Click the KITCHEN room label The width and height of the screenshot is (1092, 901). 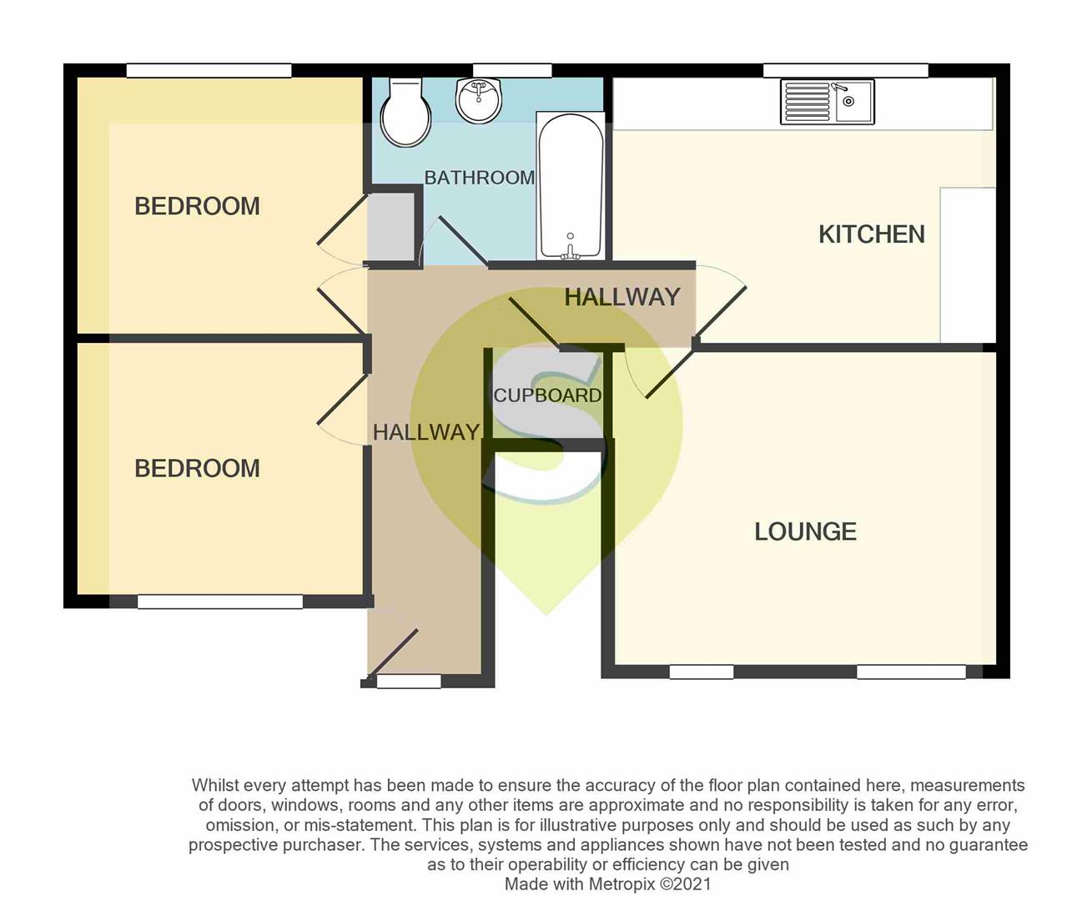coord(872,234)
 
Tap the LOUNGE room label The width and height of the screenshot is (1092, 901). coord(805,531)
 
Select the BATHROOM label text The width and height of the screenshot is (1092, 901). coord(479,178)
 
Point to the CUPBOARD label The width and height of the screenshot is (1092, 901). coord(547,395)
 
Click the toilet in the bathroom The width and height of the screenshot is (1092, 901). coord(405,113)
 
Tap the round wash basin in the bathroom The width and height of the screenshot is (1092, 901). coord(478,101)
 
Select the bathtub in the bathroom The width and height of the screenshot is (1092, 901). coord(571,186)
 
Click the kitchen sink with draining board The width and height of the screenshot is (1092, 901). coord(828,102)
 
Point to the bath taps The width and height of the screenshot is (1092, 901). coord(570,248)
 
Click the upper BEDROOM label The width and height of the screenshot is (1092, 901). coord(197,206)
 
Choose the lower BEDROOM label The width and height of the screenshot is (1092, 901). coord(197,469)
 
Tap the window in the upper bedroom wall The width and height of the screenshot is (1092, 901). coord(209,71)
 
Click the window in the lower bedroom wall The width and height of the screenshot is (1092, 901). coord(220,602)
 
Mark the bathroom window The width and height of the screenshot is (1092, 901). coord(512,71)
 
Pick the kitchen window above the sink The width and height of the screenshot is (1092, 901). coord(846,71)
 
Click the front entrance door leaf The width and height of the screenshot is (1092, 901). coord(393,652)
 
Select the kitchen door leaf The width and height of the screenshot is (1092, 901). coord(721,313)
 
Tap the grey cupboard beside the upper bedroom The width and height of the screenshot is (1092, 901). coord(391,227)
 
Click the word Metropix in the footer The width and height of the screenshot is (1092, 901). coord(621,884)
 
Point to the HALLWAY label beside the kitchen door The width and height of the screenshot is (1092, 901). coord(622,298)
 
